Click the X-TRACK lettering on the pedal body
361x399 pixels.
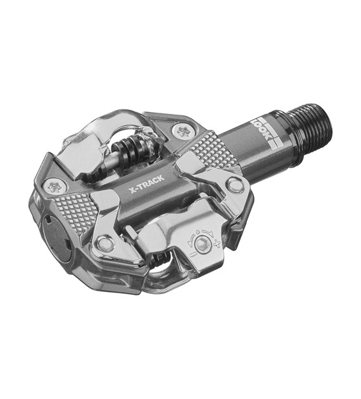146,184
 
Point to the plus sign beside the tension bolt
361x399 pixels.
217,243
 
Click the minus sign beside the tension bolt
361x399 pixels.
193,254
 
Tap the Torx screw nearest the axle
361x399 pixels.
183,131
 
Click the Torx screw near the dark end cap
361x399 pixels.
54,187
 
